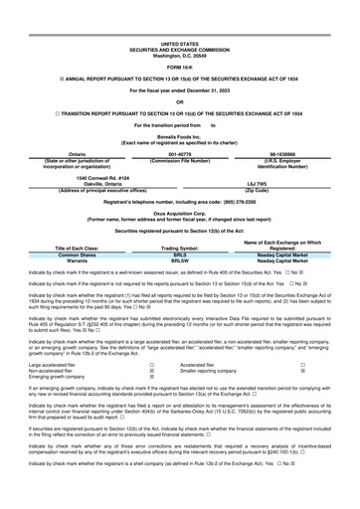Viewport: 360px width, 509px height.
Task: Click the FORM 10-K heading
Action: (x=179, y=40)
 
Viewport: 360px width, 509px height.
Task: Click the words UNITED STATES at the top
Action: (x=179, y=17)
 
